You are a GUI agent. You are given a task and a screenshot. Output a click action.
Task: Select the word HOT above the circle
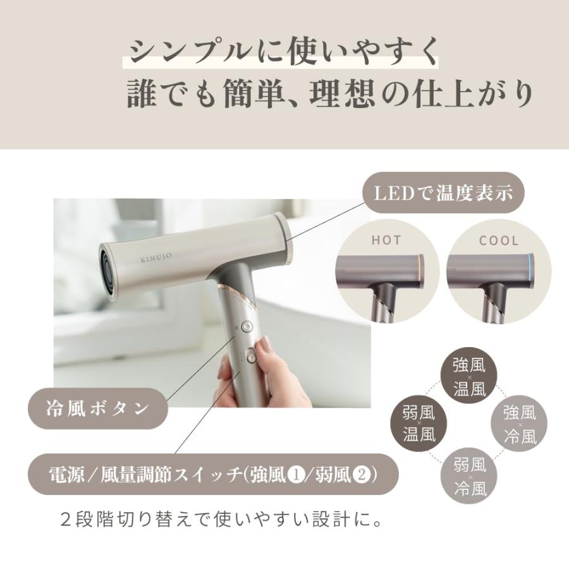[x=386, y=241]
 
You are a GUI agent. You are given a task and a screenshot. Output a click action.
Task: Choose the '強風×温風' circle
[x=469, y=376]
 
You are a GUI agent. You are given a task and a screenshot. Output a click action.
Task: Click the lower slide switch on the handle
[x=253, y=355]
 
